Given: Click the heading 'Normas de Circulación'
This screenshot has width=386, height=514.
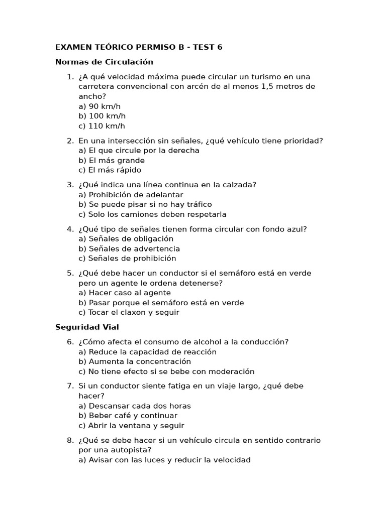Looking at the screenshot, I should click(104, 62).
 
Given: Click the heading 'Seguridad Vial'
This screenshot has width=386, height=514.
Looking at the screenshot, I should click(87, 327).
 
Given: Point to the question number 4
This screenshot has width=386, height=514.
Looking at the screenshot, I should click(70, 229).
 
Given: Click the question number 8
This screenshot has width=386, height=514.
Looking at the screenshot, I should click(70, 440).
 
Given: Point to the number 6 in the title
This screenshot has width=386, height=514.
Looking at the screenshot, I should click(220, 47).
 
